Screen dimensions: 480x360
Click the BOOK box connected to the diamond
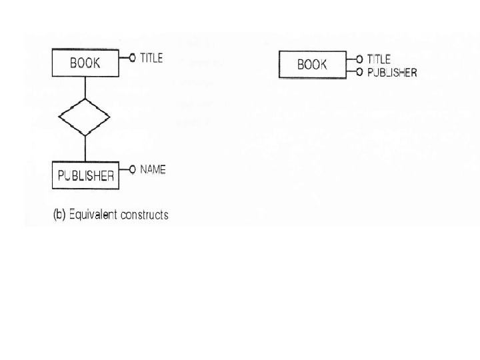click(85, 64)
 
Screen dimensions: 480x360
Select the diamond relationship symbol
click(85, 117)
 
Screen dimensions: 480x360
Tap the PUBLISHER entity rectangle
click(85, 175)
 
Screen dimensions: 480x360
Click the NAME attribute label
click(153, 170)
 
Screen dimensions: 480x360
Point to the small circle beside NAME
click(132, 170)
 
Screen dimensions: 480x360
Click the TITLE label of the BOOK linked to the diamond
click(151, 58)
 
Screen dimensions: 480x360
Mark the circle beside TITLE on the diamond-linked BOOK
click(132, 58)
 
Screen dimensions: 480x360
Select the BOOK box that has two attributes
click(312, 65)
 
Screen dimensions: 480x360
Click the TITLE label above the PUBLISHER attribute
click(379, 59)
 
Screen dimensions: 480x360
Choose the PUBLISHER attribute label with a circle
click(392, 72)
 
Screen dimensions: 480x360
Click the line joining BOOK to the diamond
click(85, 87)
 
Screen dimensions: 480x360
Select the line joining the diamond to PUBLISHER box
click(85, 148)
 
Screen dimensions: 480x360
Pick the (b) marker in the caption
click(59, 215)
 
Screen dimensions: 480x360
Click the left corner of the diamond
click(60, 117)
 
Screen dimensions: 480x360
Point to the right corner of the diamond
click(109, 117)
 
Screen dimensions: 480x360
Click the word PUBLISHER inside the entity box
click(85, 176)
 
